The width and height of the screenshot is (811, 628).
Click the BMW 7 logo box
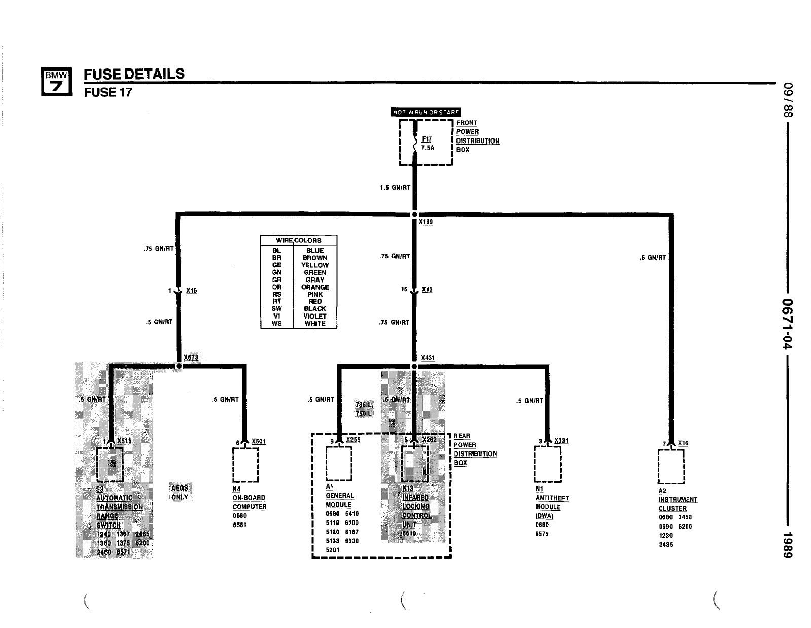pyautogui.click(x=55, y=81)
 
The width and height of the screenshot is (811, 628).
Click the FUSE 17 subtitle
pyautogui.click(x=108, y=92)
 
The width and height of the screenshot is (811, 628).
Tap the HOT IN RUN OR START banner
pyautogui.click(x=426, y=112)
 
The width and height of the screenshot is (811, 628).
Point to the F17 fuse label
pyautogui.click(x=427, y=139)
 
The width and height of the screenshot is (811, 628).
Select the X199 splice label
pyautogui.click(x=426, y=222)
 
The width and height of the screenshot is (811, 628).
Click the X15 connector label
pyautogui.click(x=191, y=291)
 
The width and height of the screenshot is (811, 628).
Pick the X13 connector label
pyautogui.click(x=427, y=290)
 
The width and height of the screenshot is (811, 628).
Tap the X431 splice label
pyautogui.click(x=428, y=358)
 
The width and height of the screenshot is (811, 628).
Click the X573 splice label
pyautogui.click(x=191, y=358)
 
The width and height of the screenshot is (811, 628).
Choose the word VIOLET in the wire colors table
pyautogui.click(x=315, y=316)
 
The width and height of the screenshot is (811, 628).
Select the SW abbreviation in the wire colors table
pyautogui.click(x=277, y=308)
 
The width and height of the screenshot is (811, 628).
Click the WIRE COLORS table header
pyautogui.click(x=298, y=240)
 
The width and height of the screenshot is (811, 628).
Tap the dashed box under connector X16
pyautogui.click(x=671, y=467)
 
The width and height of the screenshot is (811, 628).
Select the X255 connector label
pyautogui.click(x=354, y=440)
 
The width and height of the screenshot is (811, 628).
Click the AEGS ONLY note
pyautogui.click(x=180, y=492)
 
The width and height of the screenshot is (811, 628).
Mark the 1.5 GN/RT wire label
pyautogui.click(x=395, y=188)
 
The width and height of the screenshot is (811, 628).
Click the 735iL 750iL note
pyautogui.click(x=364, y=409)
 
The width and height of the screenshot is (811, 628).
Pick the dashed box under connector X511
pyautogui.click(x=110, y=464)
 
